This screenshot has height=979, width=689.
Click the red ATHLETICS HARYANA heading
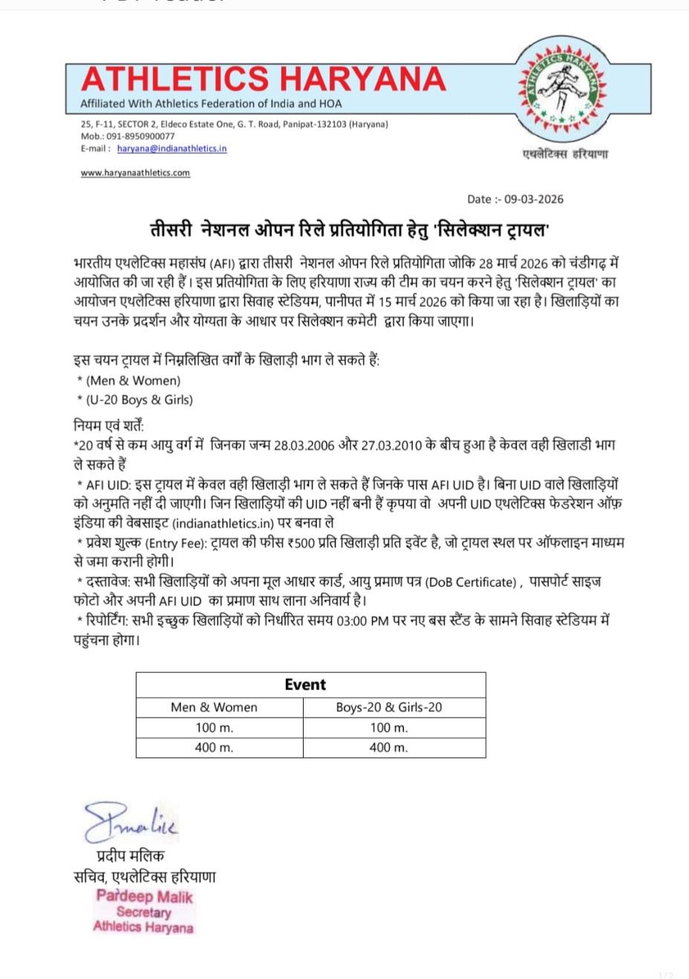click(264, 79)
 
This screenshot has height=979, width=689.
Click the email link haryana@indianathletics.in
click(172, 149)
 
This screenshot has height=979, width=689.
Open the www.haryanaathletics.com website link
click(135, 173)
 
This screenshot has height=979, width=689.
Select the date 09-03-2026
click(534, 199)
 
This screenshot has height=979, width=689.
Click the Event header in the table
click(305, 685)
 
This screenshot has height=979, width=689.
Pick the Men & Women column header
click(214, 707)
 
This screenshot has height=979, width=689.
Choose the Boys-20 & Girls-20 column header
click(388, 707)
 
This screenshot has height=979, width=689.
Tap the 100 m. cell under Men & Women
click(214, 727)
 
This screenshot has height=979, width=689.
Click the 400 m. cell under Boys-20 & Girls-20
click(388, 747)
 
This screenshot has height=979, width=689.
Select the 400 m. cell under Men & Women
click(214, 747)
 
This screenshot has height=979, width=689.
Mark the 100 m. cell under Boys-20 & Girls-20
click(388, 727)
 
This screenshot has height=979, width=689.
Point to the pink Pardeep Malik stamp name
click(144, 897)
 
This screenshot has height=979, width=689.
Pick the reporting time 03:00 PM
click(362, 621)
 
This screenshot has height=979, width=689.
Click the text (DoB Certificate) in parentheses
click(470, 582)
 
